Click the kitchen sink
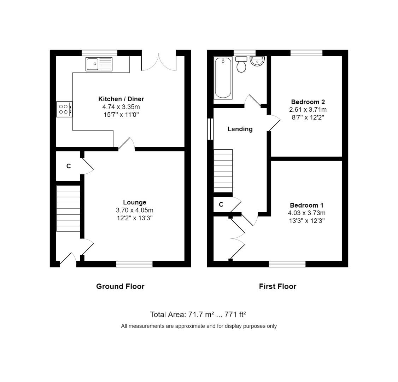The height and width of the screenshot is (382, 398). point(99,64)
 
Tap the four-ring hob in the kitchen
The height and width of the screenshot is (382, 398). point(64,109)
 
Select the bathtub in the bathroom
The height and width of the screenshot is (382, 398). point(223,78)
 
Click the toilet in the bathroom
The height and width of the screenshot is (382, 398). point(241,64)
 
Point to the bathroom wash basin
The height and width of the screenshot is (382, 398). point(257,61)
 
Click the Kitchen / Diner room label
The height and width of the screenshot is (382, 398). point(121,99)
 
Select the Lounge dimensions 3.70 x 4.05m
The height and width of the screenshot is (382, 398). point(134,210)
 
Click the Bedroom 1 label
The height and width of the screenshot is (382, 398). point(306,205)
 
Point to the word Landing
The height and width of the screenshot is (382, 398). point(240,129)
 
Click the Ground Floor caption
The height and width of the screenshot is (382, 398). point(120,286)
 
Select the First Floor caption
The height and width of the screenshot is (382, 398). point(277,286)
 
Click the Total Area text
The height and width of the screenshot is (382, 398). point(198,314)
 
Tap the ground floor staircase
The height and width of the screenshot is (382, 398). point(69,208)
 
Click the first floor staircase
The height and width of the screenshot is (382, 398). point(223,171)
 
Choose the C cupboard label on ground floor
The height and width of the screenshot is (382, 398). point(69,166)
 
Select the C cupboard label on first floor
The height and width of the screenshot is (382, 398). point(221,204)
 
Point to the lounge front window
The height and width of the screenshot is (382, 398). point(134,264)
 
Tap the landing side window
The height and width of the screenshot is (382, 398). point(210,129)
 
